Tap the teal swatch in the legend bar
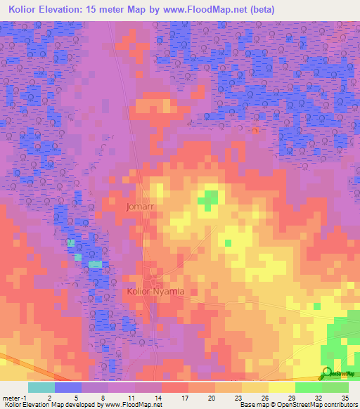(x=41, y=387)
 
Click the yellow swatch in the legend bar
(x=281, y=387)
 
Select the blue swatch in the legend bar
(x=68, y=387)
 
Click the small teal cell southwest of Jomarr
(x=71, y=243)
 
